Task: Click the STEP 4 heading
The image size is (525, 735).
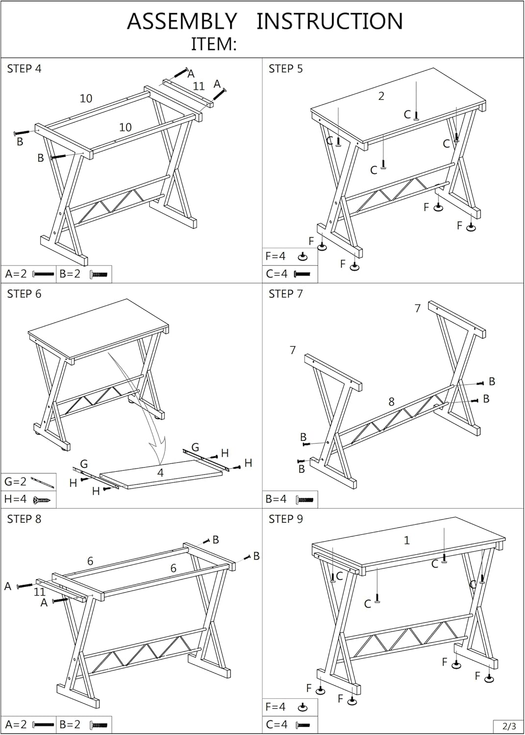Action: click(24, 69)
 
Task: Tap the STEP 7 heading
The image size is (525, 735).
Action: click(286, 294)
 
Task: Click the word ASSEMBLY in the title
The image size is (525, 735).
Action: click(182, 22)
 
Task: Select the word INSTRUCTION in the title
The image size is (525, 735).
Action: click(330, 22)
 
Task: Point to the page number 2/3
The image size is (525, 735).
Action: click(509, 726)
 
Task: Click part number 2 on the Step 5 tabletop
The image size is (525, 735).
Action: click(381, 97)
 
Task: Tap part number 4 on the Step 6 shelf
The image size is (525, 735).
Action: click(160, 473)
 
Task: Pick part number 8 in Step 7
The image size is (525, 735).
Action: click(391, 402)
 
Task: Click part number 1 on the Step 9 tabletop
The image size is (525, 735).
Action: click(406, 540)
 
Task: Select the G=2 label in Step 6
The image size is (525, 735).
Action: click(15, 482)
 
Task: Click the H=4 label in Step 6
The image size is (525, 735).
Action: click(15, 499)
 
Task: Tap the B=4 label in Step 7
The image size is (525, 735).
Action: click(276, 499)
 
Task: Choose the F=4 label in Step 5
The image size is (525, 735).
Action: click(276, 256)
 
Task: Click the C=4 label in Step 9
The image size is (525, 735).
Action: click(276, 724)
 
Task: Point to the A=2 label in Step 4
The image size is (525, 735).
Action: click(16, 274)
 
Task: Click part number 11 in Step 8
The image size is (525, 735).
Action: click(40, 592)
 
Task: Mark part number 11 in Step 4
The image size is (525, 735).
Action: click(198, 86)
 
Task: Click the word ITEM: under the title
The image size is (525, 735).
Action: click(214, 45)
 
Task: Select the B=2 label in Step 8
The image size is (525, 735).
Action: click(70, 724)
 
